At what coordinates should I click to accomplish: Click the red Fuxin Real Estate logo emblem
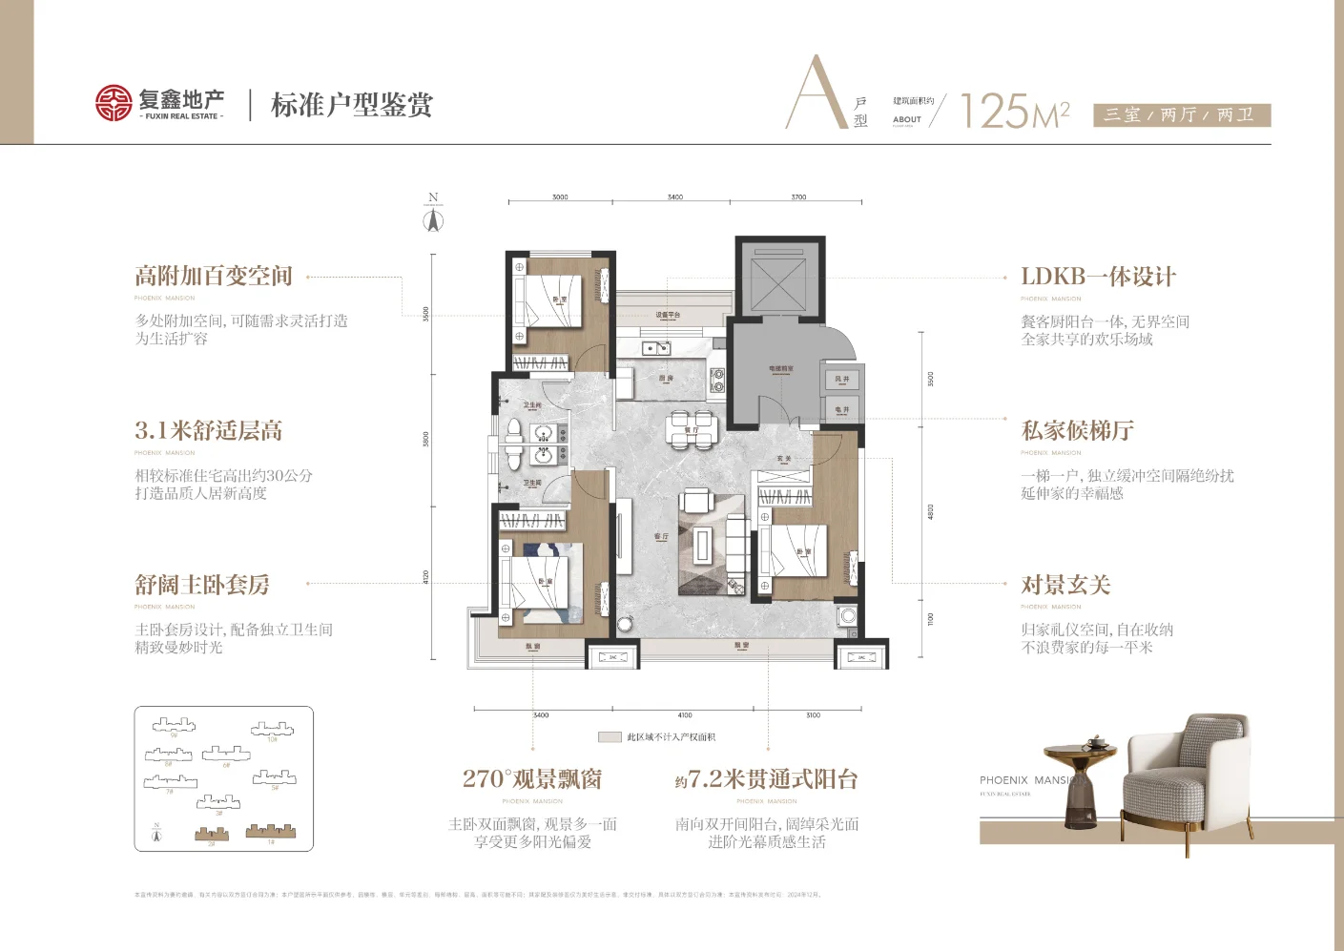[x=114, y=103]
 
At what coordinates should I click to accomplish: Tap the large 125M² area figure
[x=1014, y=111]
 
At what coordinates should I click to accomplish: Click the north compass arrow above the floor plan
[x=433, y=220]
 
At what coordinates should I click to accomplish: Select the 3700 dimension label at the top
[x=798, y=197]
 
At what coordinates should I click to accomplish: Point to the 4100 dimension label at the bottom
[x=685, y=715]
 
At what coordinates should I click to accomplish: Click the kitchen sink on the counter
[x=655, y=348]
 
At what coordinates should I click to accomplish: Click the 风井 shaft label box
[x=842, y=380]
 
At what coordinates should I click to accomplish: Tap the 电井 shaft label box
[x=842, y=410]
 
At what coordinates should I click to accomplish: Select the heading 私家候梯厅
[x=1077, y=431]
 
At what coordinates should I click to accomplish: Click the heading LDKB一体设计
[x=1098, y=277]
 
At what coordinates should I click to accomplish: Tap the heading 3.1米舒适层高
[x=209, y=431]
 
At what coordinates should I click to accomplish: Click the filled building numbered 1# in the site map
[x=271, y=832]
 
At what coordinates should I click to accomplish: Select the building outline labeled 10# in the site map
[x=272, y=730]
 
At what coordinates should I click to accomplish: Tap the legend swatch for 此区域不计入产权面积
[x=610, y=737]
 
